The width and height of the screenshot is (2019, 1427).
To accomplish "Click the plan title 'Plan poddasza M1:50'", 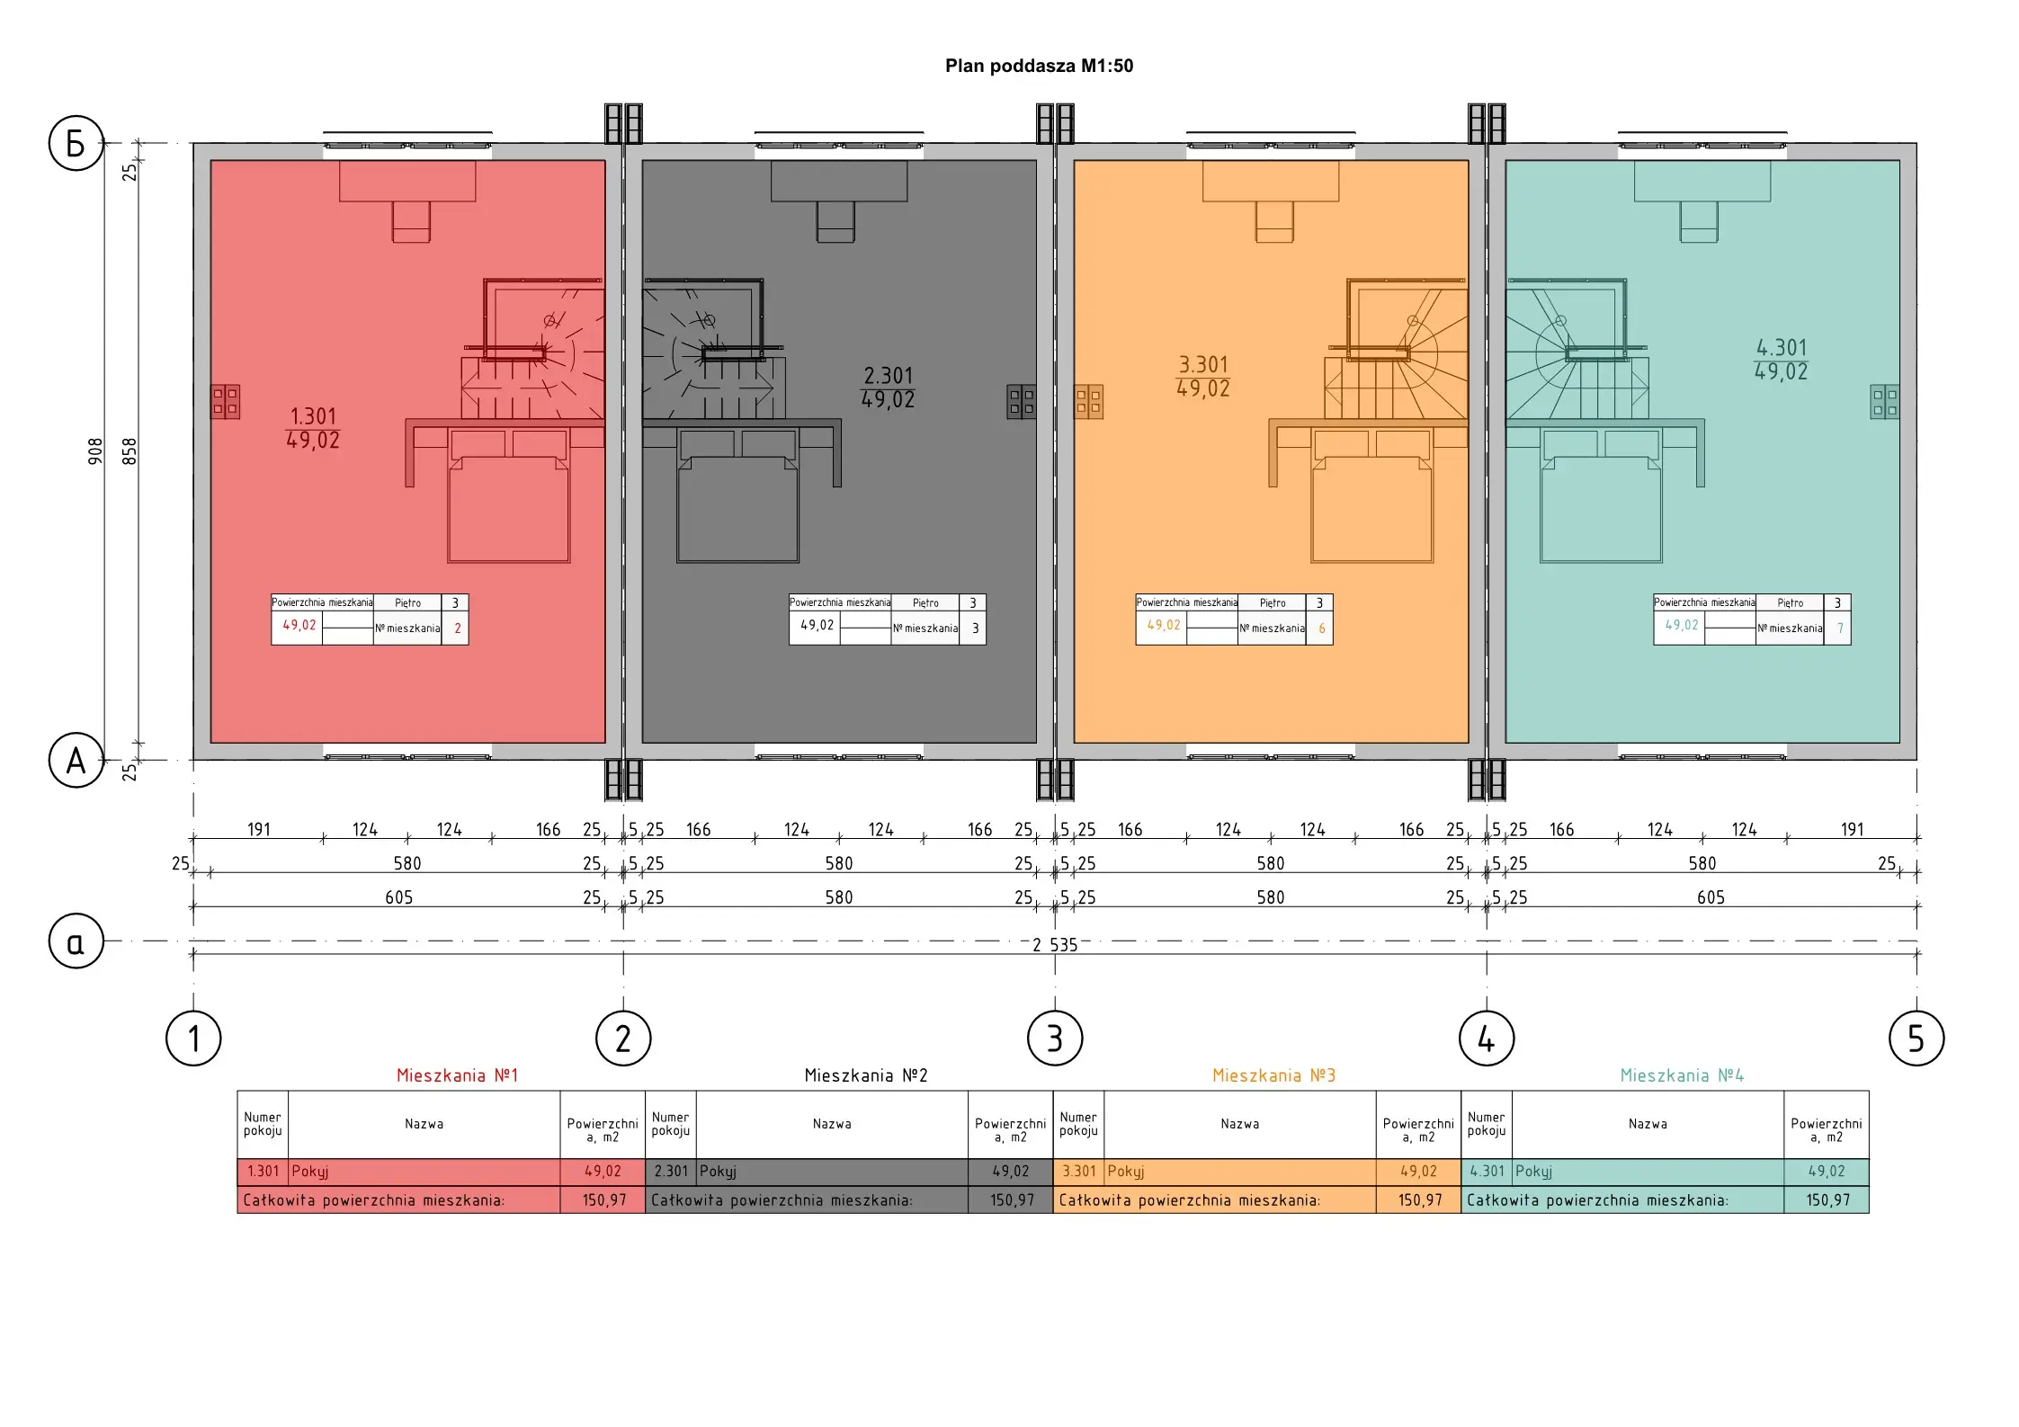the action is [x=1039, y=66].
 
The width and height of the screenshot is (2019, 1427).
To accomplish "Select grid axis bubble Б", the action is [x=76, y=143].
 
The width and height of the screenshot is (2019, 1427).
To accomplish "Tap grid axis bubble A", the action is [x=76, y=761].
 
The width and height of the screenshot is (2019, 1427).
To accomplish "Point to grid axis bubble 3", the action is [x=1055, y=1039].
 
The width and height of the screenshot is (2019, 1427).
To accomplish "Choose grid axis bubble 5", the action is [x=1916, y=1039].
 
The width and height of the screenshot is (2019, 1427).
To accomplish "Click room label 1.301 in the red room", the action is [x=313, y=416].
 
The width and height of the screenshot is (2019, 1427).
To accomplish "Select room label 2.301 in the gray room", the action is [x=889, y=376].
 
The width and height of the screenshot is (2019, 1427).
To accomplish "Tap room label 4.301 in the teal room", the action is [x=1782, y=348].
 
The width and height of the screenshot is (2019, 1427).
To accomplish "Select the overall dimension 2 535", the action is [x=1055, y=945].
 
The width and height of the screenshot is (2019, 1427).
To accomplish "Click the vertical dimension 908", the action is [x=95, y=451].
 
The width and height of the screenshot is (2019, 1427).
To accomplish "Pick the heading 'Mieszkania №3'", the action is [x=1273, y=1075].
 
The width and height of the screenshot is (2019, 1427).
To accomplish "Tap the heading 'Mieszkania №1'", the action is [x=458, y=1075].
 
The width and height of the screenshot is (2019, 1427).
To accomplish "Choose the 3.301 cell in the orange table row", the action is [x=1079, y=1172].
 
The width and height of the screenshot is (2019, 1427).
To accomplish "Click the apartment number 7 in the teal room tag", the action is [x=1840, y=629].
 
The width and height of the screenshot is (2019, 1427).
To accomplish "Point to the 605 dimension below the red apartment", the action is [x=398, y=897].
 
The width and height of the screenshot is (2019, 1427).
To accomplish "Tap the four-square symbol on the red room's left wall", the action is [x=225, y=402].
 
